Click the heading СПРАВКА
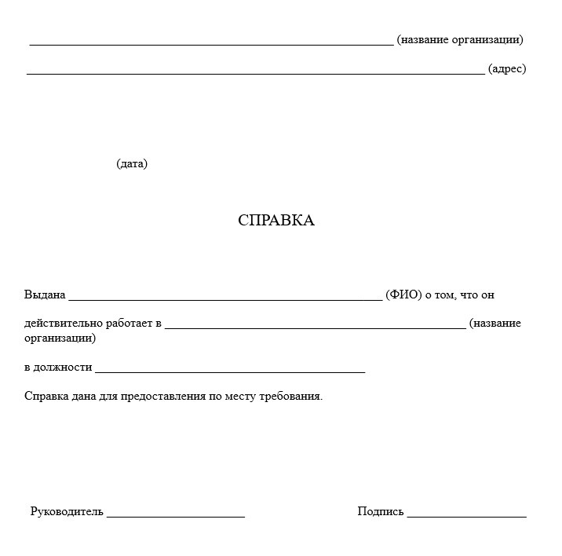click(x=276, y=221)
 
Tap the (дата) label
click(x=132, y=164)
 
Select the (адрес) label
click(x=506, y=69)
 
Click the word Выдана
click(x=45, y=295)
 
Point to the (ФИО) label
click(x=403, y=295)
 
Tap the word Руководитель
click(x=67, y=511)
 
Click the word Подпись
click(x=381, y=511)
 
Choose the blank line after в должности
click(x=229, y=371)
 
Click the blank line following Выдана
click(x=225, y=299)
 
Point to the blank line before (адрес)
click(x=255, y=72)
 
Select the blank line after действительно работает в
click(x=315, y=327)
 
